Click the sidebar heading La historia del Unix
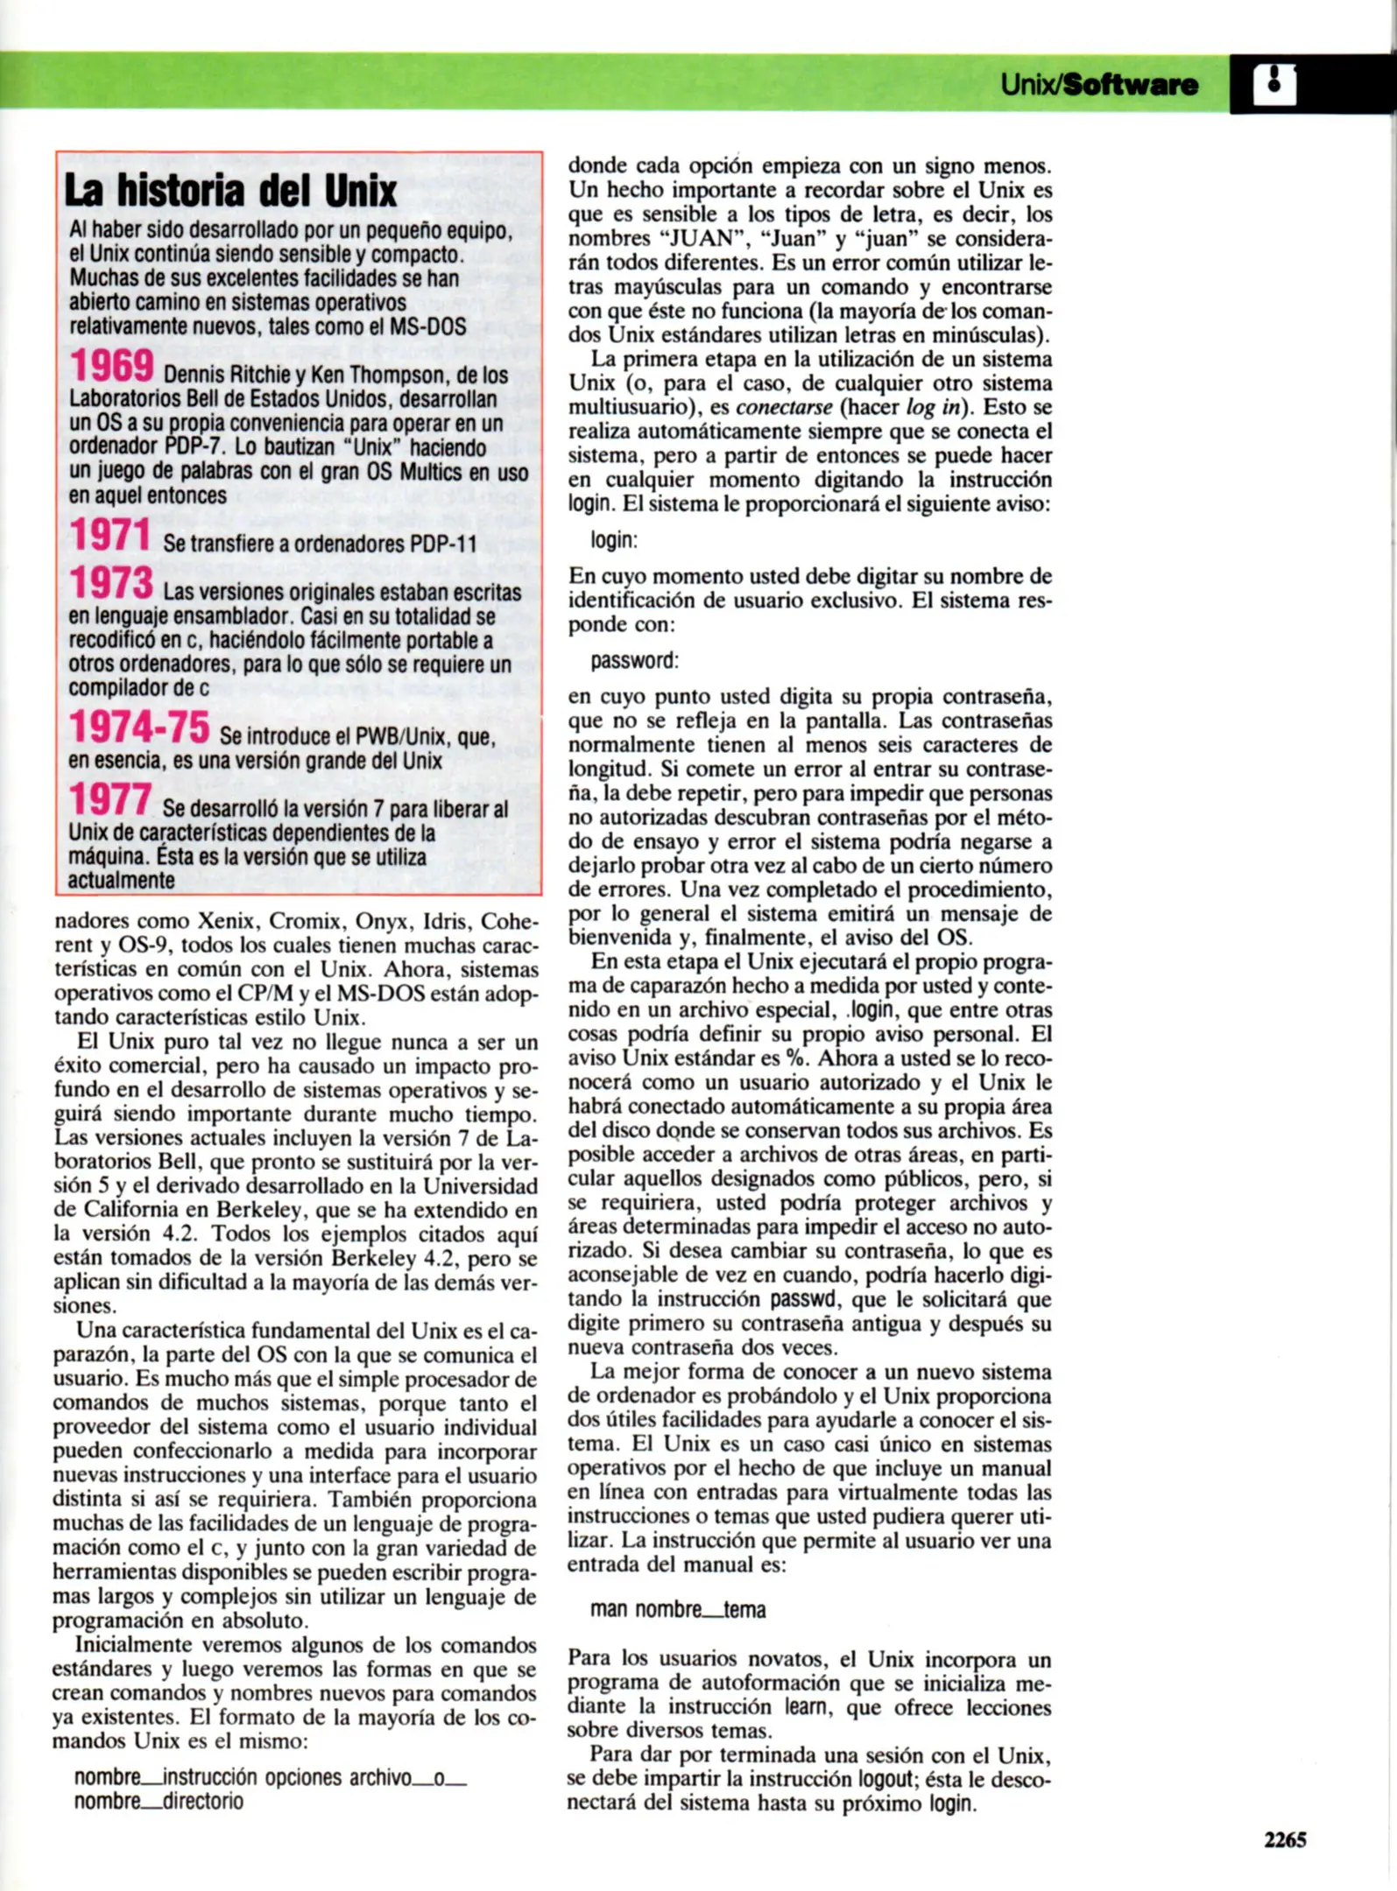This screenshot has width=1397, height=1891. (231, 191)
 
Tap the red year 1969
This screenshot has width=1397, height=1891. (112, 366)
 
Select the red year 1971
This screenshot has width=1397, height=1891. (110, 535)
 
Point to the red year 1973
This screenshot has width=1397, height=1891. (112, 583)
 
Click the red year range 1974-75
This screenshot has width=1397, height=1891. (139, 727)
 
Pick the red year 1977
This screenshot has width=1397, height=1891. (110, 799)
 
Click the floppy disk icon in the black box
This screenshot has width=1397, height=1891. (1274, 84)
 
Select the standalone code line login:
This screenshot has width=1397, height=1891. (614, 540)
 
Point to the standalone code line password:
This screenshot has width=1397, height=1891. (634, 660)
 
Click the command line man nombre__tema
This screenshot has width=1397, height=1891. (678, 1609)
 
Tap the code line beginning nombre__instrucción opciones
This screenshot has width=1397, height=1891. (270, 1777)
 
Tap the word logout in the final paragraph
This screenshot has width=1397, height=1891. (885, 1780)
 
